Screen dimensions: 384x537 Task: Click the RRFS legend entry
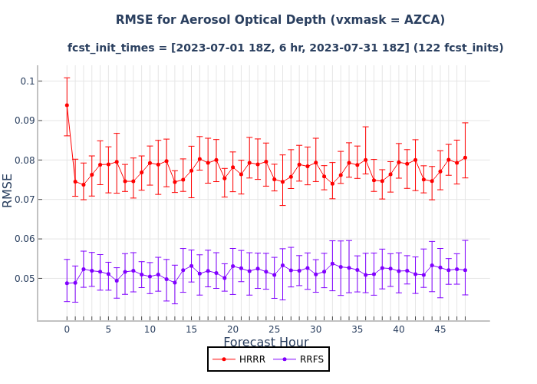(x=302, y=359)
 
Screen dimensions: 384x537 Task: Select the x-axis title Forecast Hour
(x=266, y=343)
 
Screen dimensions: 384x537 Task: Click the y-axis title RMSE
(x=8, y=190)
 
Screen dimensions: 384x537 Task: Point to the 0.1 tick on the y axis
(x=26, y=81)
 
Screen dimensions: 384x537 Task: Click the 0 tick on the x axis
(x=67, y=329)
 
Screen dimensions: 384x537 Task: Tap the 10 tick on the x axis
(x=150, y=329)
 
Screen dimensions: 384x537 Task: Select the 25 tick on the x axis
(x=274, y=329)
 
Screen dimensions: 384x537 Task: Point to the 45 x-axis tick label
(x=440, y=329)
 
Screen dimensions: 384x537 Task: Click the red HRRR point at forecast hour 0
(x=67, y=105)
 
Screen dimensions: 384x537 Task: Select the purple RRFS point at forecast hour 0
(x=67, y=283)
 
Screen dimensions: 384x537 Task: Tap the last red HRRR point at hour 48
(x=465, y=158)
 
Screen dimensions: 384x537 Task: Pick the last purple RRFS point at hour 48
(x=465, y=270)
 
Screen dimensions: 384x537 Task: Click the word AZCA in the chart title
(x=415, y=20)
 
